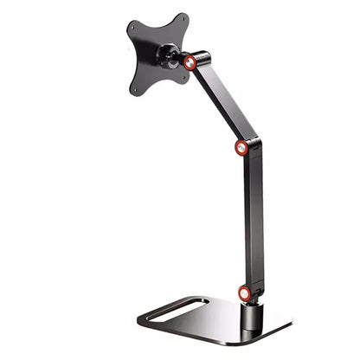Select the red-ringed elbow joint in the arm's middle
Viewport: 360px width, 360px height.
coord(241,147)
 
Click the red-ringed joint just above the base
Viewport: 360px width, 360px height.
coord(245,294)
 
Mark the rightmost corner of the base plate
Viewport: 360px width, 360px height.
coord(291,328)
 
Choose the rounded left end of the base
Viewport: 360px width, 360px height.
coord(141,318)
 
